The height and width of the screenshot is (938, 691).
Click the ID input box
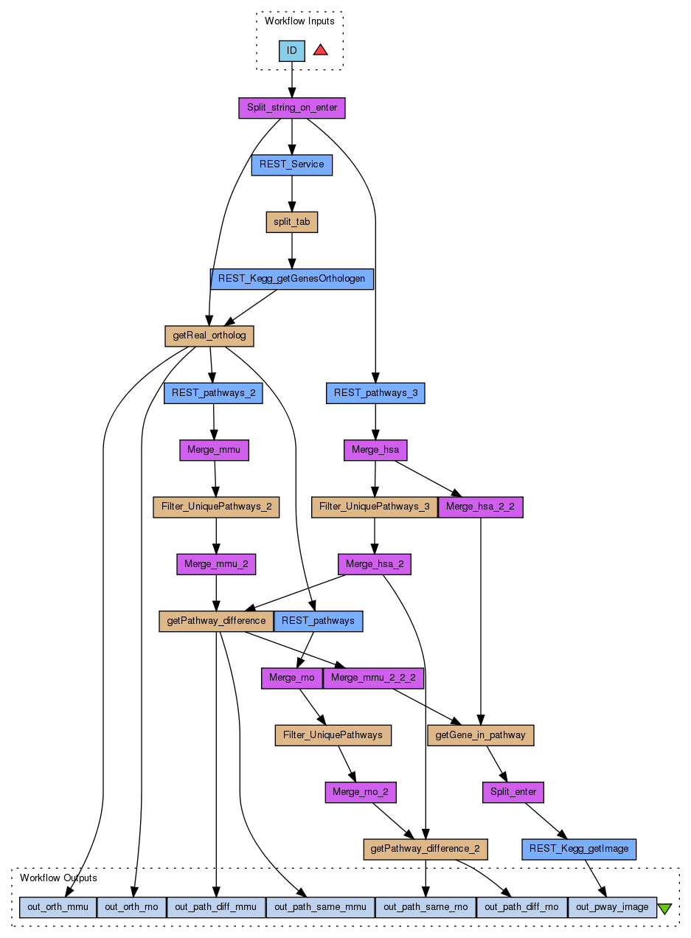(292, 51)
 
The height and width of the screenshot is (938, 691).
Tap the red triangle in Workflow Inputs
(320, 50)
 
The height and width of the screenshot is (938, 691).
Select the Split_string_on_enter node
(292, 108)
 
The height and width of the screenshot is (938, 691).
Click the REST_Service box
(292, 164)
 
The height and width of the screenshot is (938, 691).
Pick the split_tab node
(292, 222)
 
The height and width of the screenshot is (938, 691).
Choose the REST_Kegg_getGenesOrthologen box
(292, 279)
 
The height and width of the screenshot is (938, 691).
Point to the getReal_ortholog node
(209, 336)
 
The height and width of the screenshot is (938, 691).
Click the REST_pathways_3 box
(375, 393)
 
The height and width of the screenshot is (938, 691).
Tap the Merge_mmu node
(214, 450)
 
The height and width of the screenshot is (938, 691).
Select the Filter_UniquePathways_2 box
(216, 507)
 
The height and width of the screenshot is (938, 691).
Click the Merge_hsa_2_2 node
(481, 507)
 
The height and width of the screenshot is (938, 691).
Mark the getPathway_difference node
(216, 621)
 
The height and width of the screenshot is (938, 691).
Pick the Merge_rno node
(292, 678)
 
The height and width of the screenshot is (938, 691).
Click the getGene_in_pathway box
(481, 735)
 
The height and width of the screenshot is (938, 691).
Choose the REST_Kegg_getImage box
(579, 849)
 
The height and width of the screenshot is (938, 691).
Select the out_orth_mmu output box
(58, 906)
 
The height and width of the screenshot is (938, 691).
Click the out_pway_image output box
(612, 906)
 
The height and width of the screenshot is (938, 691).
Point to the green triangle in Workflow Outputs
(664, 908)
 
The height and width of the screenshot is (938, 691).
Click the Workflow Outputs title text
(58, 878)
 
